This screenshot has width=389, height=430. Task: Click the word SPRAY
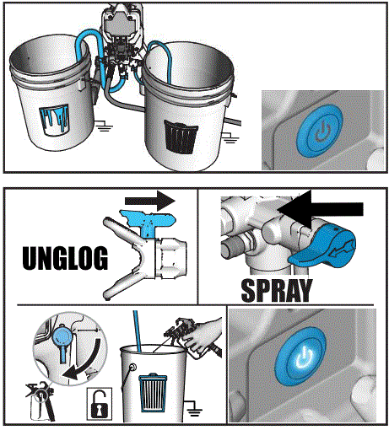point(277,291)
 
